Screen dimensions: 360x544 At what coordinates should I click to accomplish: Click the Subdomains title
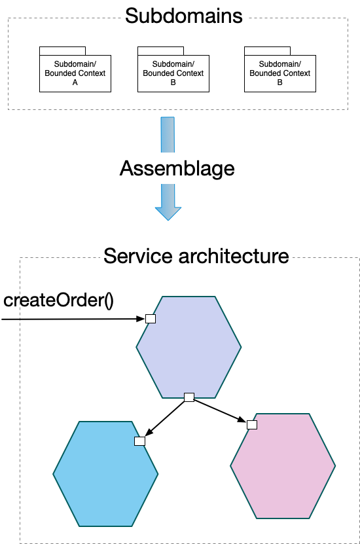point(183,16)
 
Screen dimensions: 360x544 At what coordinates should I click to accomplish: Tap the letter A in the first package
point(75,82)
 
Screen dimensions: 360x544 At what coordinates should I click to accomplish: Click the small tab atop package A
point(62,50)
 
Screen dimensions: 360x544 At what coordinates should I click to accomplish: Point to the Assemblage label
point(177,169)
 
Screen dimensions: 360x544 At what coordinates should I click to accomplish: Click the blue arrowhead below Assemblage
point(168,213)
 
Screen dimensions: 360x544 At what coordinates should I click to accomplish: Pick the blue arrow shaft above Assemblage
point(168,135)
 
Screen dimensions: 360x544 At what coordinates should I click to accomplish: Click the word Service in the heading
point(138,256)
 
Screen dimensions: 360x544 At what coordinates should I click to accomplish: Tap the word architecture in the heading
point(234,256)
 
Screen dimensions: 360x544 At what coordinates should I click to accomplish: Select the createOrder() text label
point(58,300)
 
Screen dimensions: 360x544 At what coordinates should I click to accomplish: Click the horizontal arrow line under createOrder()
point(73,319)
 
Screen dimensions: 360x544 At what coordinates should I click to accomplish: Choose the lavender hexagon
point(189,348)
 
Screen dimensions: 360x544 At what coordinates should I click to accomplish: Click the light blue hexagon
point(105,474)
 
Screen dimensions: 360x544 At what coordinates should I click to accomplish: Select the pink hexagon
point(283,466)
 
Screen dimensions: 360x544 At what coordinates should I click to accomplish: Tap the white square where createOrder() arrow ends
point(151,319)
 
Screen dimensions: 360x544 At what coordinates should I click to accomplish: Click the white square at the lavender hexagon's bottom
point(189,397)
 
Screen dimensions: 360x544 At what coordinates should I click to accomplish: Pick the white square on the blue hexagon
point(140,441)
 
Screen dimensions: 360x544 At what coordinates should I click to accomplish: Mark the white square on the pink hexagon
point(252,425)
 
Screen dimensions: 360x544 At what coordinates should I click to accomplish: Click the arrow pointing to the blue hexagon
point(165,418)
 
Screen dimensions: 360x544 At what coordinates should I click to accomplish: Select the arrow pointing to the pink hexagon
point(220,410)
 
